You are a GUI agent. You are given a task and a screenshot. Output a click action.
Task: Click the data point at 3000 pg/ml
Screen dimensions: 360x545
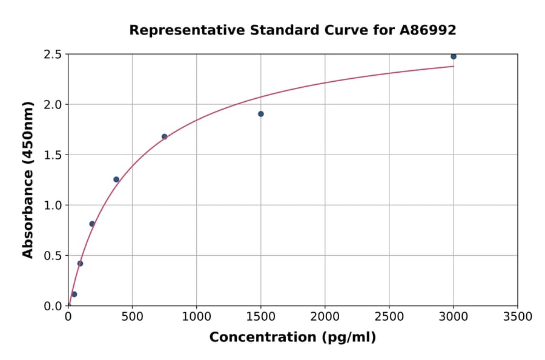tap(453, 56)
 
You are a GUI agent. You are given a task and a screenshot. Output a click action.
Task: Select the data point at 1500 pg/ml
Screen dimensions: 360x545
tap(260, 114)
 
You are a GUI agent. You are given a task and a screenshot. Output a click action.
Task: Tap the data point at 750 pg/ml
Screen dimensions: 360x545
tap(164, 137)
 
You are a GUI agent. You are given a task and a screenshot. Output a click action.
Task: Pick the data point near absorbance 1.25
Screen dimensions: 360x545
tap(116, 179)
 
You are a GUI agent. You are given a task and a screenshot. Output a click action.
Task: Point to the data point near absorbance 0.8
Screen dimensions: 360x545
tap(92, 224)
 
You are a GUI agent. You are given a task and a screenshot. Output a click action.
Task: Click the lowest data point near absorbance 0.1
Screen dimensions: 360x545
tap(74, 294)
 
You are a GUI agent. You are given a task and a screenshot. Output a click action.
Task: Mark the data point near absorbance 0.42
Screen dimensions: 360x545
tap(80, 264)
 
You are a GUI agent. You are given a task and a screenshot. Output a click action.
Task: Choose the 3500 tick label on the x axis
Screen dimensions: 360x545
tap(517, 317)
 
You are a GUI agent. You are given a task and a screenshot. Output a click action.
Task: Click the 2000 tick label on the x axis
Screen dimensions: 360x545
tap(325, 317)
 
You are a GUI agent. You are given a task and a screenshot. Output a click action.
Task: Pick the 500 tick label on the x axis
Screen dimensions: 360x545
tap(132, 317)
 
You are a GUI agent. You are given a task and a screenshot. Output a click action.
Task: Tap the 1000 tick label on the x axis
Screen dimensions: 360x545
tap(196, 317)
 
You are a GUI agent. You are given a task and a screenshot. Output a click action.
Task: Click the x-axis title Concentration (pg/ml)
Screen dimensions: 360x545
tap(292, 338)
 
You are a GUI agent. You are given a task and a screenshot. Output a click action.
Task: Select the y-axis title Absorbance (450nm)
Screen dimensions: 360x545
tap(28, 180)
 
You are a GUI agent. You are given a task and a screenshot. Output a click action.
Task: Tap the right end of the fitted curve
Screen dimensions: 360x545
tap(452, 66)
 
